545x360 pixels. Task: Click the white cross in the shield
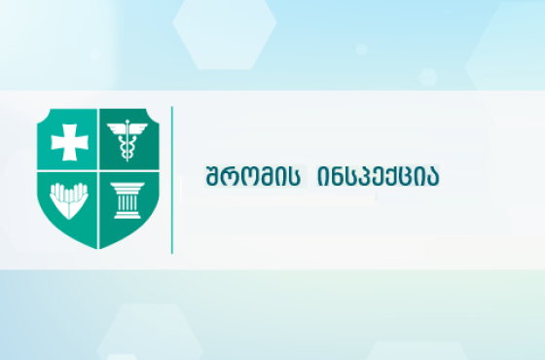point(69,141)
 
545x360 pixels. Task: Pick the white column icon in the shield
point(127,198)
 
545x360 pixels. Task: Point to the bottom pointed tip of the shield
point(98,247)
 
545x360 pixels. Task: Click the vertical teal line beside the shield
point(172,180)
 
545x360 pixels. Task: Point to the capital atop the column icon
point(127,186)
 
